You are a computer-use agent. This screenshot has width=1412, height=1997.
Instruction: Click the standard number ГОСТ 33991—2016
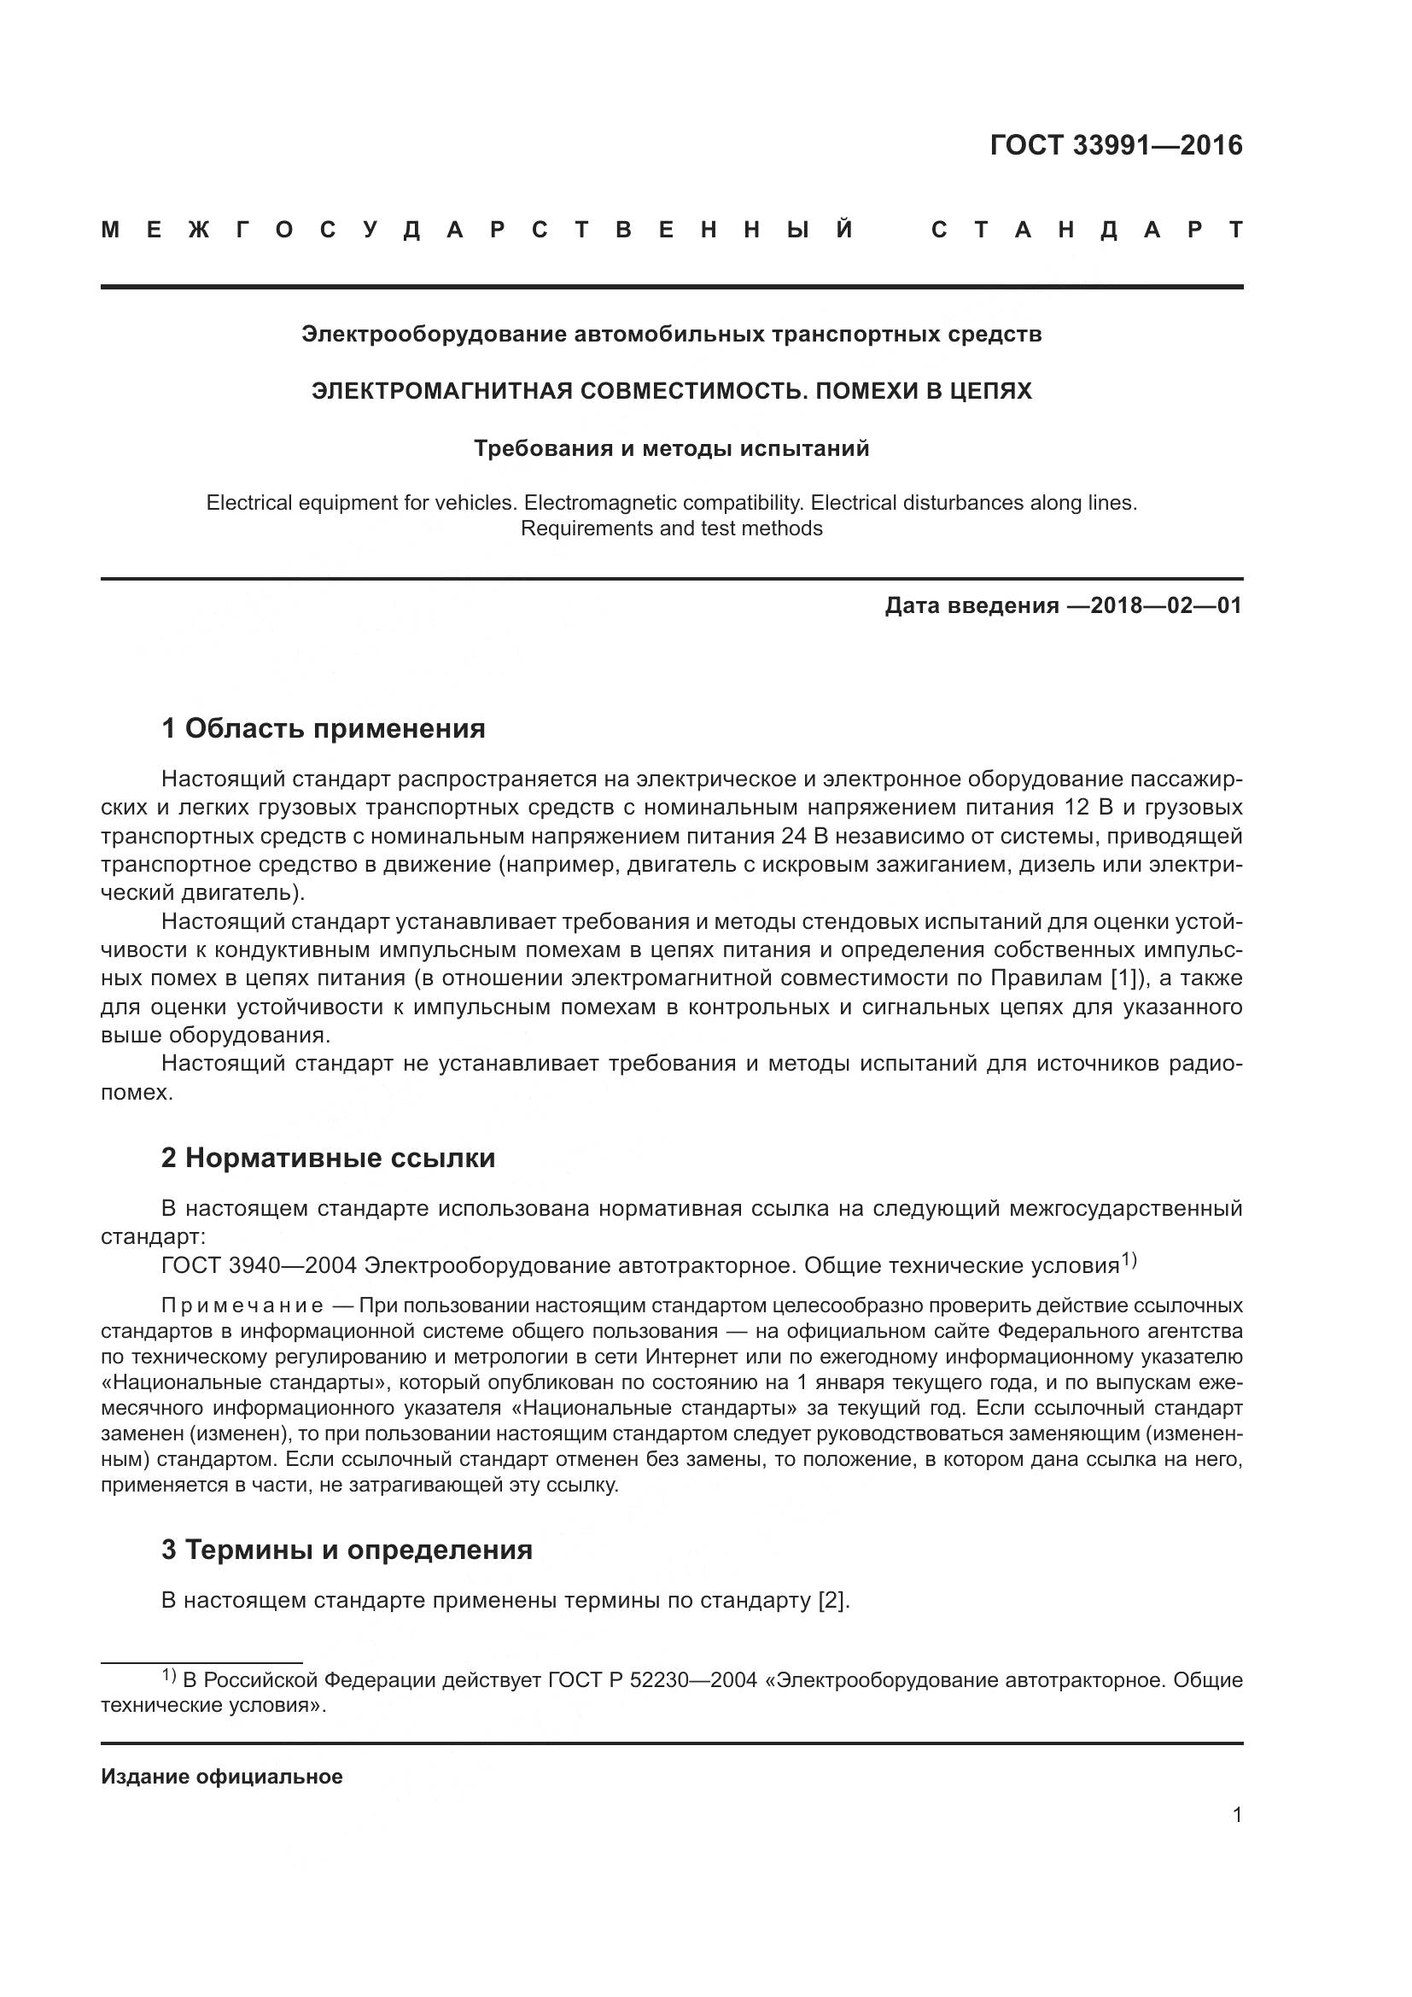1116,145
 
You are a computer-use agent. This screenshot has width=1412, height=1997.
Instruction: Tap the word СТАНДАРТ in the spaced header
1086,231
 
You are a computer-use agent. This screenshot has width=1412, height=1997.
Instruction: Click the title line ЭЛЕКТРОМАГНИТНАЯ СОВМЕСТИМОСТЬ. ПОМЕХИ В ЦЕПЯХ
671,391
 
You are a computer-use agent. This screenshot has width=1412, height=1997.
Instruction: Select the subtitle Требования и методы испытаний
671,449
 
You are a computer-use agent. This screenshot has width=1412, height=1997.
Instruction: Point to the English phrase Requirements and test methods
671,528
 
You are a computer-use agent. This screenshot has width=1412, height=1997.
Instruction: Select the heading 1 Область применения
323,728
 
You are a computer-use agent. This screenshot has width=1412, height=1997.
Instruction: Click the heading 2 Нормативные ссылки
328,1159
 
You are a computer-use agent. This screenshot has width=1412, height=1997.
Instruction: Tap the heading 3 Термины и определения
346,1550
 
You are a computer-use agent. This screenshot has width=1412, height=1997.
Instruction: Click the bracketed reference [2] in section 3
831,1600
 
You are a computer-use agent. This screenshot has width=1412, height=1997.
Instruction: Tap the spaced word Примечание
242,1306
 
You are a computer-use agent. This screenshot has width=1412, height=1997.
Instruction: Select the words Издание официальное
222,1777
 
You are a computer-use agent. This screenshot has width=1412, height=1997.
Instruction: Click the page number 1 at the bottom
1237,1815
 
